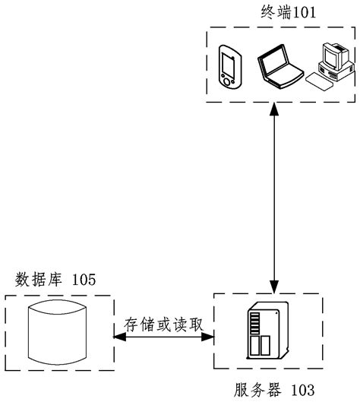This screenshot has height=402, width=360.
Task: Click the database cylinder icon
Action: pos(58,335)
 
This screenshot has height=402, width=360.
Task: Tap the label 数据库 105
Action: pos(55,280)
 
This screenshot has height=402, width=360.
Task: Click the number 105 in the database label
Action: pos(84,280)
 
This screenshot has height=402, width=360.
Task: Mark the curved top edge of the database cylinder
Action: pos(58,309)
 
